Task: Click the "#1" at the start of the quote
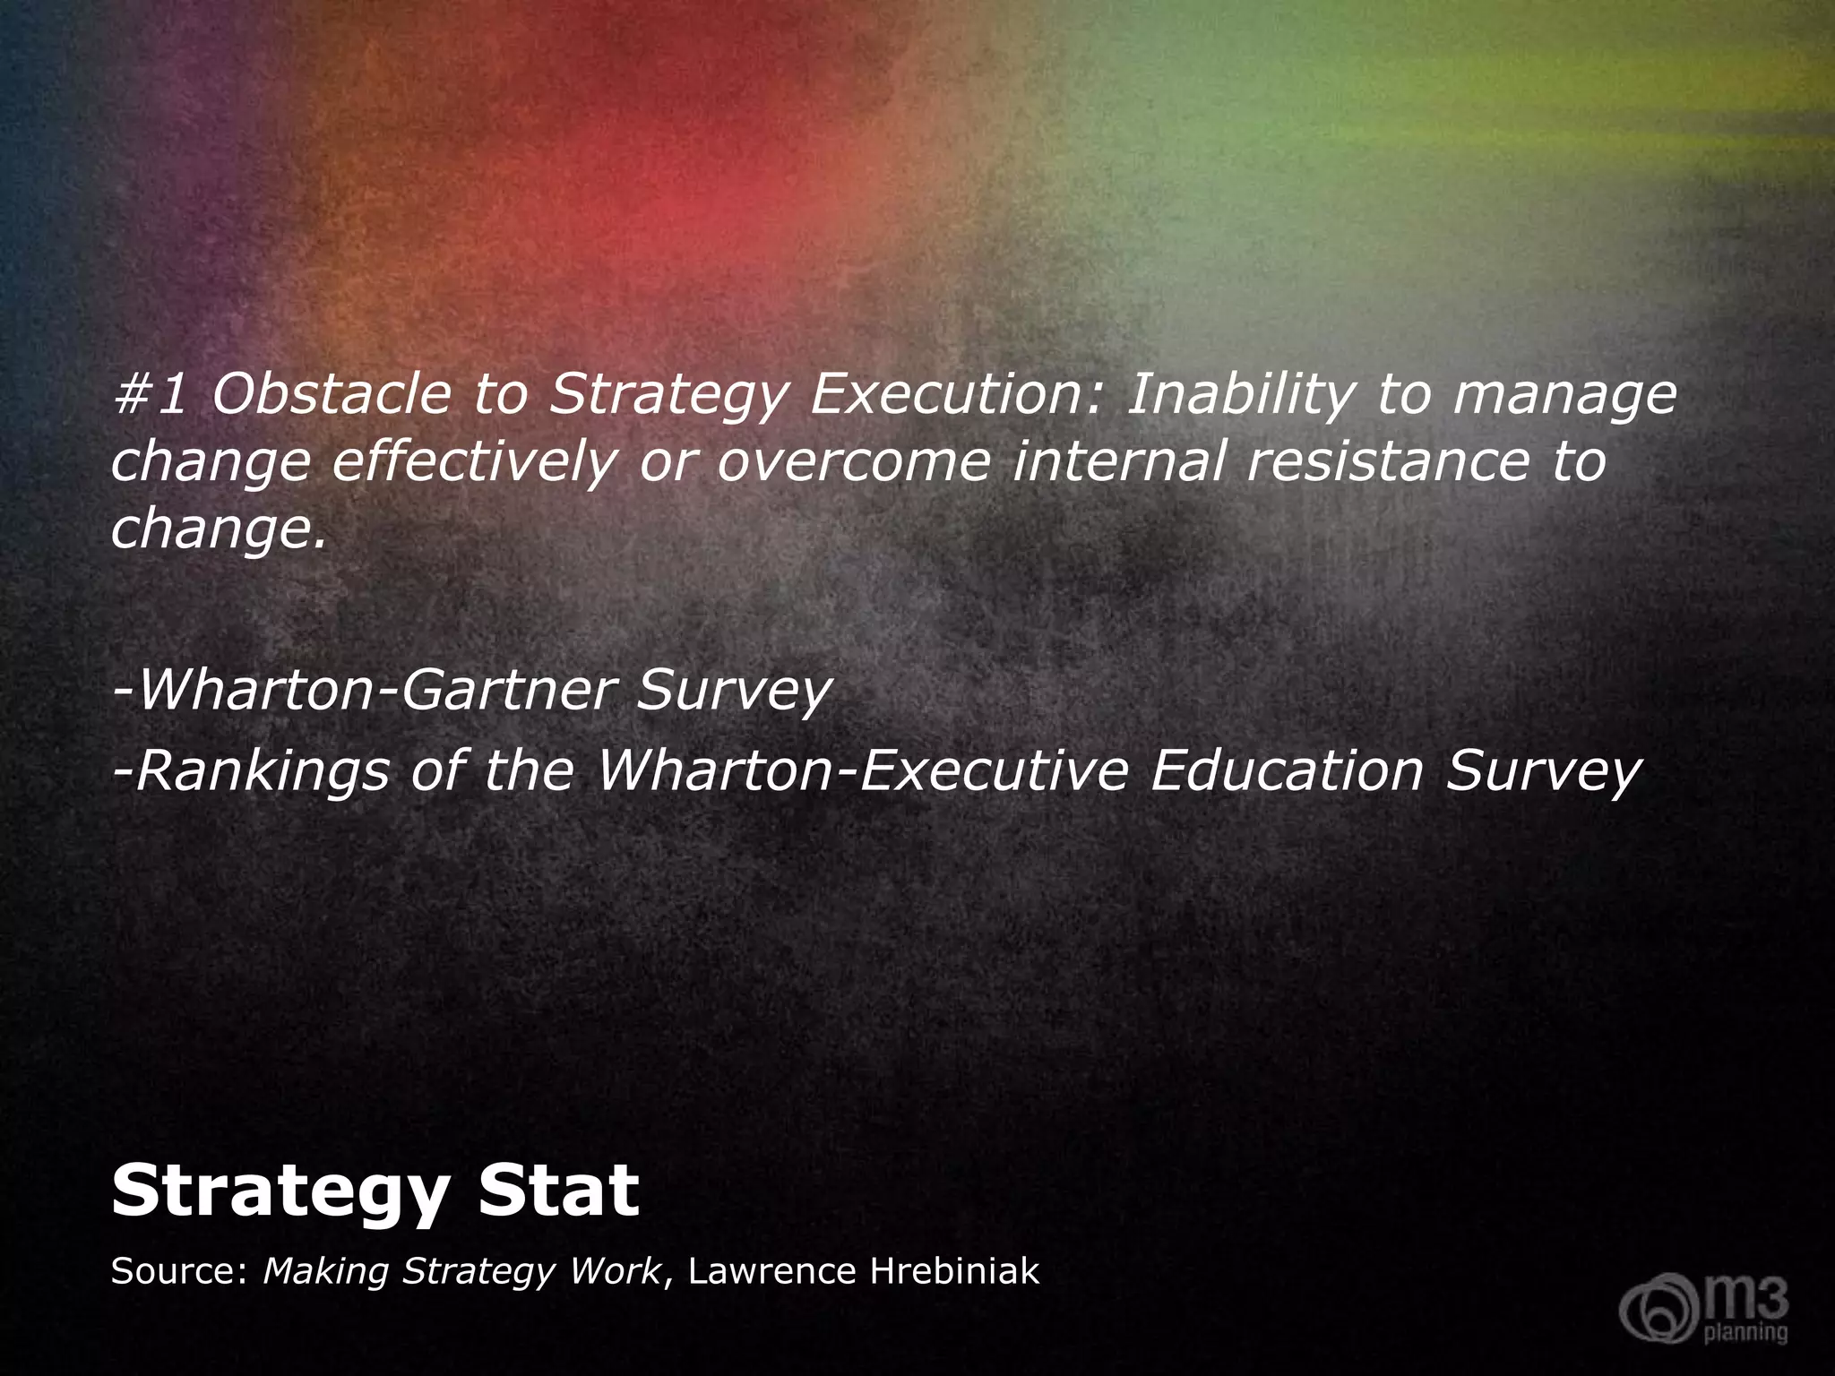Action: [150, 395]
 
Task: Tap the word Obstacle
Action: [331, 395]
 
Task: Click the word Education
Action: [1287, 770]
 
